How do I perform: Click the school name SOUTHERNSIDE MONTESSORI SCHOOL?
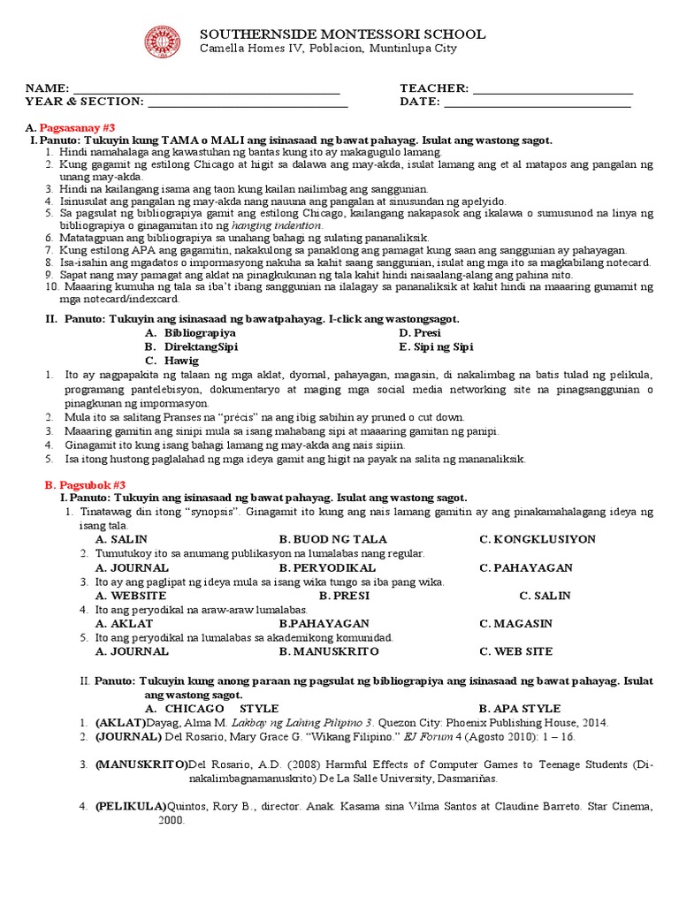click(342, 34)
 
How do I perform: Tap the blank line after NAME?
click(206, 89)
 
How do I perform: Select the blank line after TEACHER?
click(553, 89)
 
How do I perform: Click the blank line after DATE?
click(537, 103)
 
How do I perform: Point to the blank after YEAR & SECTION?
click(248, 103)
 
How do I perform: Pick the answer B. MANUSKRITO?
click(329, 651)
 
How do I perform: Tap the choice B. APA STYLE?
click(519, 709)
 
